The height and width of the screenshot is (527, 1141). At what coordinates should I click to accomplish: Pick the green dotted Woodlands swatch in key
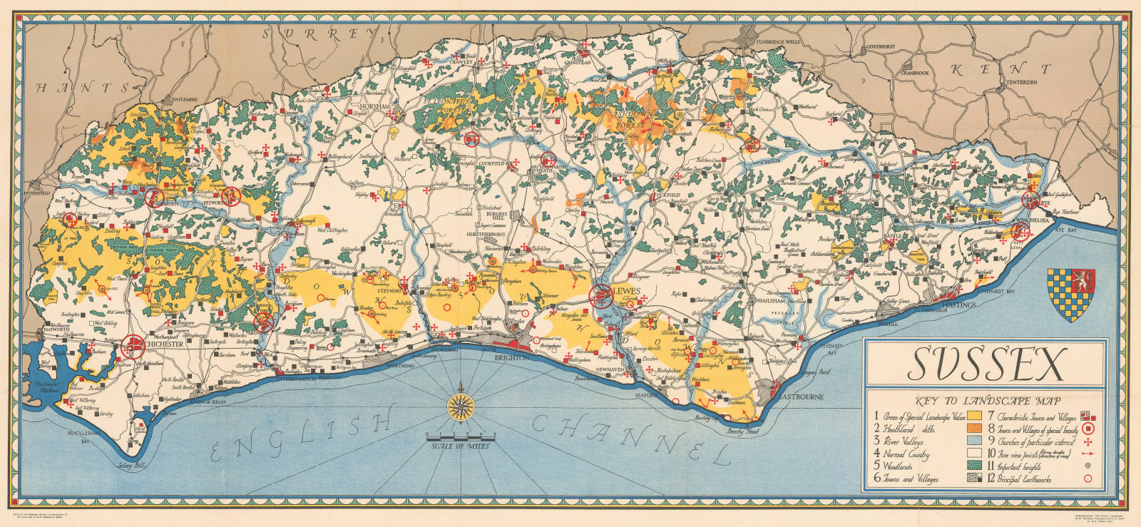click(974, 465)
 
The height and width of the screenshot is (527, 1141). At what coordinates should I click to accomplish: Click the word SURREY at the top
click(315, 33)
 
